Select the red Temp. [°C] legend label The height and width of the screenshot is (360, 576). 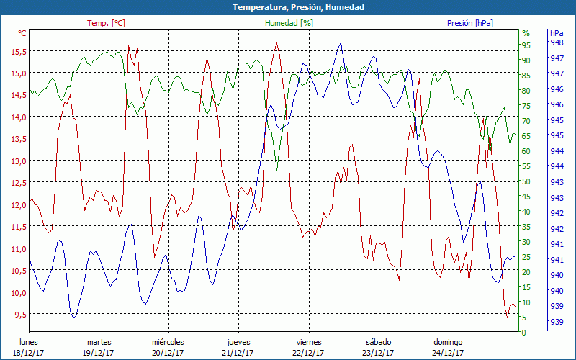(106, 23)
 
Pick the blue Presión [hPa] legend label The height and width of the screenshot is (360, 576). (470, 23)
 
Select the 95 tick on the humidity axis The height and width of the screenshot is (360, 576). (526, 45)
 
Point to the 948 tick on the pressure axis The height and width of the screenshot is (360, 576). (557, 42)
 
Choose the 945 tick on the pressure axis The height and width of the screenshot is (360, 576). (557, 135)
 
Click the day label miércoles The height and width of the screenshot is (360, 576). (168, 342)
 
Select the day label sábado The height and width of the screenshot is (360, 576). (378, 342)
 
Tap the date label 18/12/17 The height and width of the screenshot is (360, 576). (28, 353)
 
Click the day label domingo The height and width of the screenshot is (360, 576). (448, 342)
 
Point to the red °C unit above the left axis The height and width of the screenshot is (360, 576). (22, 33)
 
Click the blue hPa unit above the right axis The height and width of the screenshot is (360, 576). (557, 33)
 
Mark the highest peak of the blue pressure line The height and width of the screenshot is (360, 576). (340, 42)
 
